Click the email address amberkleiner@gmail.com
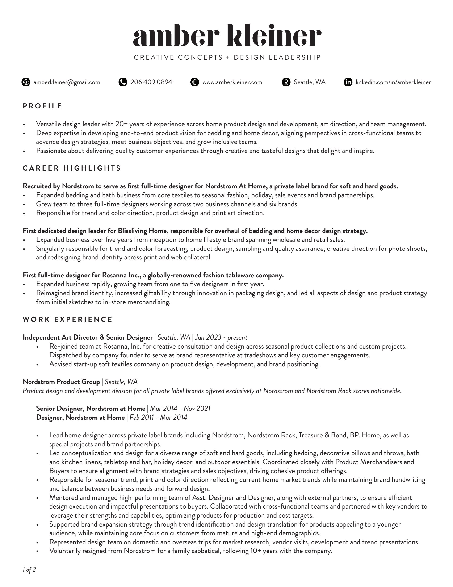[67, 82]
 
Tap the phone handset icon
[123, 82]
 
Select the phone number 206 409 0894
[151, 82]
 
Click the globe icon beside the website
[195, 82]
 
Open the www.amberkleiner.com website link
[232, 82]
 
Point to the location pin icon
[286, 82]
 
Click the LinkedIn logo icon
[348, 82]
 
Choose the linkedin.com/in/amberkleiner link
[393, 82]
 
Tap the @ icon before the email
[26, 82]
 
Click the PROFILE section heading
[42, 106]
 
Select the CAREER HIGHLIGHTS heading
[72, 168]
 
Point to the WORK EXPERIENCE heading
[68, 319]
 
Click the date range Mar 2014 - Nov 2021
[180, 409]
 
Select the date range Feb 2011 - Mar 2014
[158, 417]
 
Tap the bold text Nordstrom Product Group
[61, 382]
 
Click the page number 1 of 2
[29, 570]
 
